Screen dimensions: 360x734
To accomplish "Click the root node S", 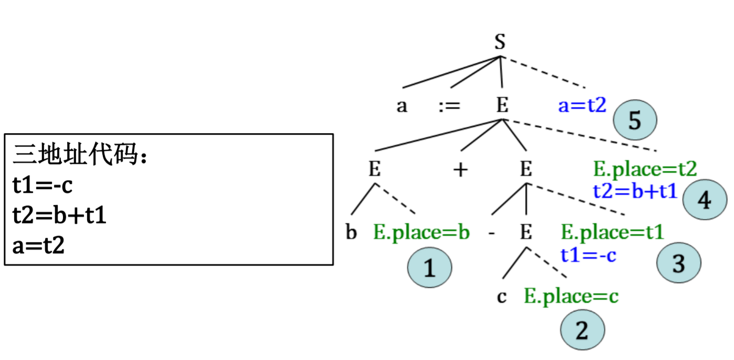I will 500,42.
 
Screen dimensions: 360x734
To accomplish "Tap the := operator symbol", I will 449,106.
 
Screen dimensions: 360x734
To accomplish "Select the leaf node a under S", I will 402,107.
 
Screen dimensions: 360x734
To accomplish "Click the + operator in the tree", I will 460,170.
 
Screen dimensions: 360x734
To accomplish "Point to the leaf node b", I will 351,232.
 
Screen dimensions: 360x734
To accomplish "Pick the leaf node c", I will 502,297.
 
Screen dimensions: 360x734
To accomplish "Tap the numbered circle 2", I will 582,331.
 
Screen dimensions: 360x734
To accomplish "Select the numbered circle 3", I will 678,263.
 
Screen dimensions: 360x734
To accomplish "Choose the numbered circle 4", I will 705,200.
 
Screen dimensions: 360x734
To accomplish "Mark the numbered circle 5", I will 635,121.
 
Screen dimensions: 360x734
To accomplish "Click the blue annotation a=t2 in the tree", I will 582,106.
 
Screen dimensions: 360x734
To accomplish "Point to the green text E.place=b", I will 422,232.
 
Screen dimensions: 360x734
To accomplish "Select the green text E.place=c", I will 571,297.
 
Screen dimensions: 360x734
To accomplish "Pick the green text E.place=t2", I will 645,169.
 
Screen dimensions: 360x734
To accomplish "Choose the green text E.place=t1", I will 612,232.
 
